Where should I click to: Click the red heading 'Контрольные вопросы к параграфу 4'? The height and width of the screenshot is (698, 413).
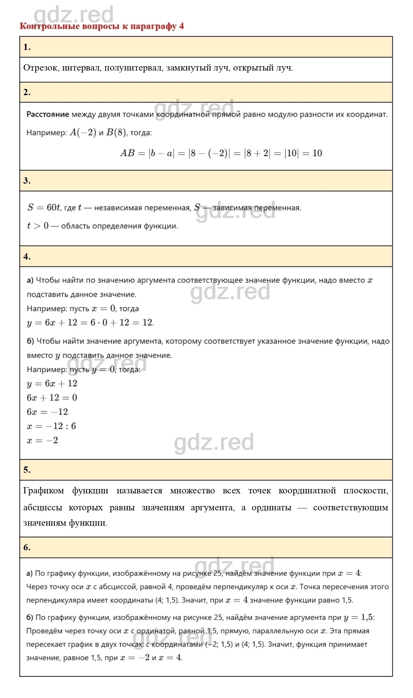pyautogui.click(x=101, y=26)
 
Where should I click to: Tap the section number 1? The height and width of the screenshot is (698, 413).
pyautogui.click(x=27, y=47)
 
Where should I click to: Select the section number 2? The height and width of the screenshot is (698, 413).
pyautogui.click(x=27, y=92)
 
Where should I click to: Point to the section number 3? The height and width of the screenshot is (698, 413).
pyautogui.click(x=27, y=181)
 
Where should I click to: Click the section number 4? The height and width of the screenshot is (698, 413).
pyautogui.click(x=27, y=257)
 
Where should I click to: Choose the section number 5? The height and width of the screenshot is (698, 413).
pyautogui.click(x=27, y=470)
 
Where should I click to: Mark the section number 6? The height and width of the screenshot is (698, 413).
pyautogui.click(x=27, y=547)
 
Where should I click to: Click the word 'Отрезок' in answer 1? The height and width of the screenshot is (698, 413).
pyautogui.click(x=41, y=68)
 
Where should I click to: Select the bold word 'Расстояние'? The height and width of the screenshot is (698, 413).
pyautogui.click(x=48, y=114)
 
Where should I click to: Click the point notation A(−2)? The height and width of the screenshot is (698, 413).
pyautogui.click(x=83, y=133)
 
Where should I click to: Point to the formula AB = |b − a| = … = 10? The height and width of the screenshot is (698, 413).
pyautogui.click(x=221, y=153)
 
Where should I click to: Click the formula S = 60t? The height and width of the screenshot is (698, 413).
pyautogui.click(x=44, y=208)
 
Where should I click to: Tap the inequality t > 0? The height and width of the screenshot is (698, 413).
pyautogui.click(x=38, y=226)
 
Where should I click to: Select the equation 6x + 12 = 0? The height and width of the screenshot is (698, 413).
pyautogui.click(x=52, y=398)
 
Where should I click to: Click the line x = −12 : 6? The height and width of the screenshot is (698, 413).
pyautogui.click(x=51, y=426)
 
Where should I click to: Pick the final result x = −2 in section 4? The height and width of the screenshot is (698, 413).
pyautogui.click(x=42, y=440)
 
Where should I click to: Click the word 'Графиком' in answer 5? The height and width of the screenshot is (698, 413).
pyautogui.click(x=44, y=491)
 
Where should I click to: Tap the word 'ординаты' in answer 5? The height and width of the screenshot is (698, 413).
pyautogui.click(x=271, y=508)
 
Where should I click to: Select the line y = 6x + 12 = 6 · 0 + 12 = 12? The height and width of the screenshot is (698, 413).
pyautogui.click(x=90, y=322)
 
